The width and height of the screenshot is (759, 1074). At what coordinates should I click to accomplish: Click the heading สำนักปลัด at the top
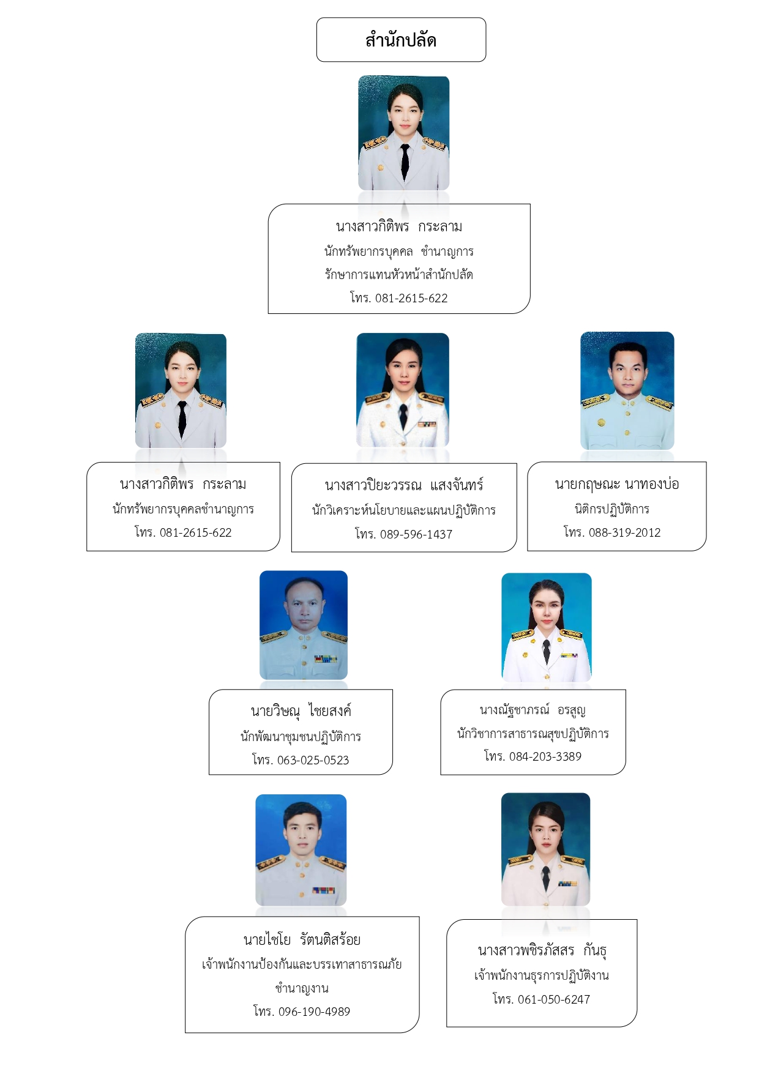tap(401, 40)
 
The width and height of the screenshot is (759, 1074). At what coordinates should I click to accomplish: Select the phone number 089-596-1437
tap(416, 534)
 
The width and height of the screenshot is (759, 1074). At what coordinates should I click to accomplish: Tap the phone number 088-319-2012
tap(625, 532)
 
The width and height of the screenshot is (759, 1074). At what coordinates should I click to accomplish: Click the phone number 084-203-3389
tap(545, 756)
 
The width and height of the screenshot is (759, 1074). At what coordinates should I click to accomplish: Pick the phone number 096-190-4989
tap(314, 1012)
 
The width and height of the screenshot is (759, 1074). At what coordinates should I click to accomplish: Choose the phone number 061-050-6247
tap(554, 999)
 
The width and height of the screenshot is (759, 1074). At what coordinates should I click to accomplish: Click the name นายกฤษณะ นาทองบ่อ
tap(617, 485)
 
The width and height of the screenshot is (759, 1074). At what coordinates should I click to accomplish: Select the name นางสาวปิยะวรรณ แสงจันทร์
tap(404, 486)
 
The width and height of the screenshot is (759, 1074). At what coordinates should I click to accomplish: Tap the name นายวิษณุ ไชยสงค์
tap(301, 711)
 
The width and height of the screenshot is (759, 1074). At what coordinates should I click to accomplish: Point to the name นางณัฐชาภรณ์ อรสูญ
tap(533, 710)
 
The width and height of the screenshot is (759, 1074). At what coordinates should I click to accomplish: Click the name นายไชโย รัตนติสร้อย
tap(302, 940)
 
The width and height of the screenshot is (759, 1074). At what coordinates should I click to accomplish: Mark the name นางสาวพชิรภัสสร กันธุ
tap(542, 951)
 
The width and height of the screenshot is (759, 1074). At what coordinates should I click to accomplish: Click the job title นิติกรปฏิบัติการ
tap(612, 509)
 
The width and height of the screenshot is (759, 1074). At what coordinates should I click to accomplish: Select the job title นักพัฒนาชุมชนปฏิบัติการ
tap(301, 737)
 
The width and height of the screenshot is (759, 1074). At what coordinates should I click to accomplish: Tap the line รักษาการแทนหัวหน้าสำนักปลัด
tap(399, 275)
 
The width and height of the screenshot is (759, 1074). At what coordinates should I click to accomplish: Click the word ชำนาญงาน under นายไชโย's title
tap(302, 988)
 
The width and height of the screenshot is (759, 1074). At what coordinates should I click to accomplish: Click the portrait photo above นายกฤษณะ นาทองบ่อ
tap(627, 391)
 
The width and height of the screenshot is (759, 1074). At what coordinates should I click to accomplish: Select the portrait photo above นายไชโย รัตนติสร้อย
tap(301, 850)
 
